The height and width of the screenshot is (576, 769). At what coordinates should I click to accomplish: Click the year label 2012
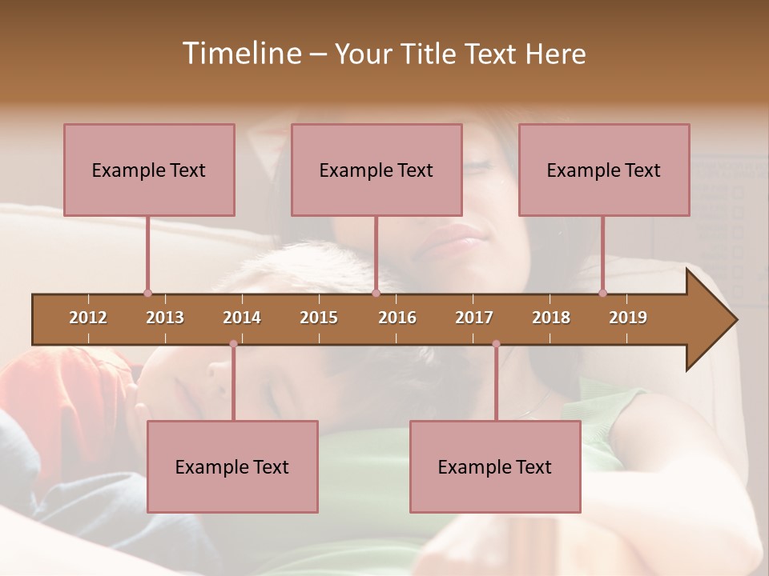click(88, 318)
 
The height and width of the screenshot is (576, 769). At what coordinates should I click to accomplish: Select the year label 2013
click(165, 318)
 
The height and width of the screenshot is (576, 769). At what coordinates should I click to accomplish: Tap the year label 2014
click(242, 318)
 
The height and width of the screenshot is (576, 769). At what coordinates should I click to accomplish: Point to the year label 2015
click(319, 318)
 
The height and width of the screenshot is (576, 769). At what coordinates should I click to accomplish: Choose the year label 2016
click(397, 318)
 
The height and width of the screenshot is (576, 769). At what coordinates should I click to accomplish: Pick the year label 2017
click(474, 318)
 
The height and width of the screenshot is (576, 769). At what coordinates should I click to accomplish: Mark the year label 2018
click(551, 318)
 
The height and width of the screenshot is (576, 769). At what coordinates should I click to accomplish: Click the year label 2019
click(628, 318)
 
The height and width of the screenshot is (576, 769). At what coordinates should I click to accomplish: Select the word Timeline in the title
click(240, 54)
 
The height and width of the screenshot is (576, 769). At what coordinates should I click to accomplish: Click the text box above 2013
click(149, 170)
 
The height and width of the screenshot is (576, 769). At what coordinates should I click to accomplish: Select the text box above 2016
click(376, 170)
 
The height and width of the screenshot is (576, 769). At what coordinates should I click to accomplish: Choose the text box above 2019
click(604, 170)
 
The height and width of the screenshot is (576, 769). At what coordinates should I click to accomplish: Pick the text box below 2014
click(232, 466)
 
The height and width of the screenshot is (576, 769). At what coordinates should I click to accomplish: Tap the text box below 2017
click(495, 466)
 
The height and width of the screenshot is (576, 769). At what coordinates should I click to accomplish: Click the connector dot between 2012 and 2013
click(147, 293)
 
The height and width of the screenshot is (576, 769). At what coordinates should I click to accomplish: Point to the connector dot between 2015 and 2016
click(376, 293)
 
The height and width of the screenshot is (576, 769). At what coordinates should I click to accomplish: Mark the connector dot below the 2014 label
click(233, 344)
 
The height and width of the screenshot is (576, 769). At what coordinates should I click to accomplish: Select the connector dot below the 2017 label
click(496, 344)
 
